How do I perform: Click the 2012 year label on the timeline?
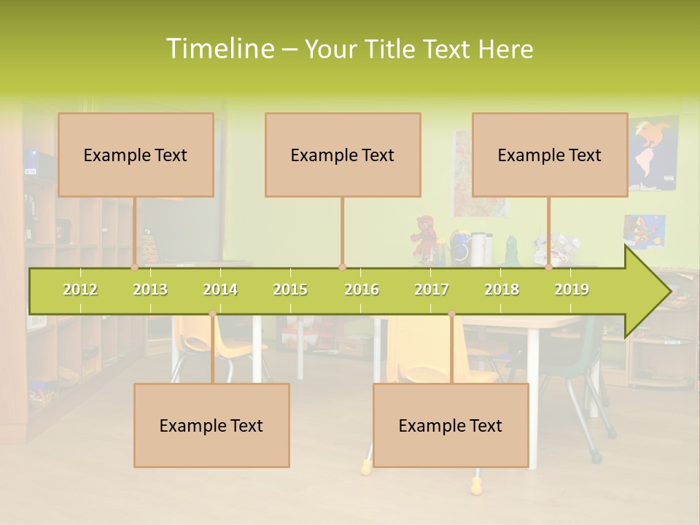pyautogui.click(x=80, y=289)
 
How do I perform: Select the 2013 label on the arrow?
pyautogui.click(x=150, y=289)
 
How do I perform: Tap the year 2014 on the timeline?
pyautogui.click(x=220, y=289)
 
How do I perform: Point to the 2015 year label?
pyautogui.click(x=290, y=289)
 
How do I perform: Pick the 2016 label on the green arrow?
pyautogui.click(x=362, y=289)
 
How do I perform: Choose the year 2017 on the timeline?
pyautogui.click(x=432, y=289)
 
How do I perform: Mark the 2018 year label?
pyautogui.click(x=502, y=289)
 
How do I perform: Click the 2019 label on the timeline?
pyautogui.click(x=572, y=289)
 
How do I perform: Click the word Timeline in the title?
pyautogui.click(x=219, y=49)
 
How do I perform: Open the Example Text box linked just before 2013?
pyautogui.click(x=136, y=155)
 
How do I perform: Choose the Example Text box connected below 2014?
pyautogui.click(x=211, y=425)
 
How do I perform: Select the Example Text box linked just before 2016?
pyautogui.click(x=343, y=155)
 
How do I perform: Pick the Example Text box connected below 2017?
pyautogui.click(x=451, y=425)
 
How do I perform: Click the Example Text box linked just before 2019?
pyautogui.click(x=550, y=155)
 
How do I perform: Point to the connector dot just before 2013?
pyautogui.click(x=135, y=268)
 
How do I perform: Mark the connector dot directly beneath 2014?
pyautogui.click(x=212, y=314)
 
